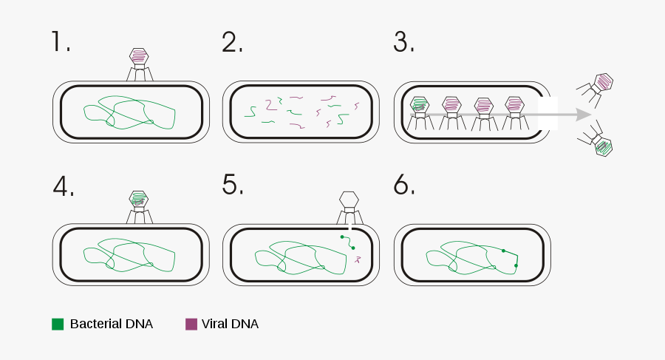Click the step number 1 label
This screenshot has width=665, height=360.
coord(61,42)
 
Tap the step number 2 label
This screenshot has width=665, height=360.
coord(232,42)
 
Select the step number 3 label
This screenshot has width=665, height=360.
coord(403,42)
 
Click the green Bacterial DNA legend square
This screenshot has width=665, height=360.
coord(58,324)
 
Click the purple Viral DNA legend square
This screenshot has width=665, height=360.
coord(191,324)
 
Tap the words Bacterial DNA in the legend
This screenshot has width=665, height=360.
coord(111,324)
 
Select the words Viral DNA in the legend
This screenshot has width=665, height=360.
coord(232,324)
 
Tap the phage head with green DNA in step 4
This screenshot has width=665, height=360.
coord(139,199)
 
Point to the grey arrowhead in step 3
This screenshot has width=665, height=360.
coord(583,115)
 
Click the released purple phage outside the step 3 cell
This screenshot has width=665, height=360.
coord(604,81)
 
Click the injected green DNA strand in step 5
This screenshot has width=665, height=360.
coord(347,242)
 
